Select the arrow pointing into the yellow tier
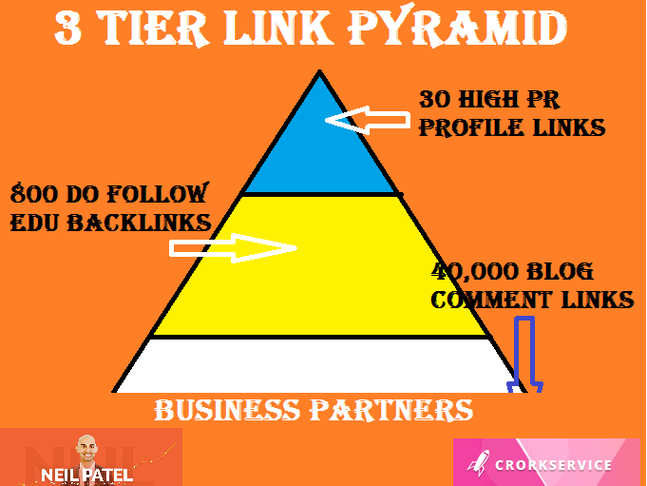(x=232, y=248)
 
